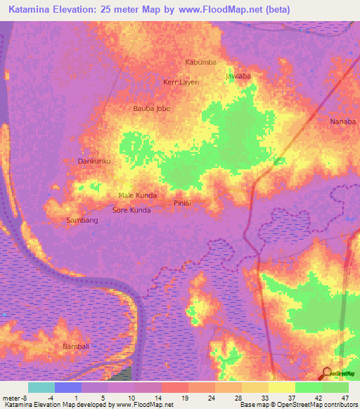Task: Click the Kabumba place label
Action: tap(200, 63)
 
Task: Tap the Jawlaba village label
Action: tap(238, 75)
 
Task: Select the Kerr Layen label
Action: tap(181, 82)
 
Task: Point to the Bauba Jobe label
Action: tap(152, 109)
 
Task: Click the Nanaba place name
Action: tap(344, 122)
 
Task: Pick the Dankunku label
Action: tap(95, 161)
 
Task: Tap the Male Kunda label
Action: tap(138, 195)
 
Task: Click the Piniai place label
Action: tap(183, 203)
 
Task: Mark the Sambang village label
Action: tap(82, 221)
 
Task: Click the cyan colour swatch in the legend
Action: tap(41, 387)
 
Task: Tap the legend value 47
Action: tap(345, 397)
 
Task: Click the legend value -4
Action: tap(50, 397)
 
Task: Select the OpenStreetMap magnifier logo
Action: tap(326, 372)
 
